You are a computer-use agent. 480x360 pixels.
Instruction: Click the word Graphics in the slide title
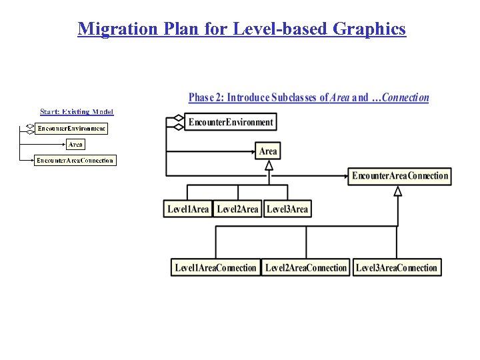point(369,29)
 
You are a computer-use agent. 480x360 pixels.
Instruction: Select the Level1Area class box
point(188,209)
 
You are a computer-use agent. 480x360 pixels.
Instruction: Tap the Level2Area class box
point(237,209)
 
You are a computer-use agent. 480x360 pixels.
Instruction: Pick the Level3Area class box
point(287,209)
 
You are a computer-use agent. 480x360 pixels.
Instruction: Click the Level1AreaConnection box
point(215,268)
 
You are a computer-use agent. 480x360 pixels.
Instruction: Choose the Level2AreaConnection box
point(306,268)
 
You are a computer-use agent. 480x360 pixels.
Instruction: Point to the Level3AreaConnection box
point(397,268)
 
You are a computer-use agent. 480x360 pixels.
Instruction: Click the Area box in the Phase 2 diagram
point(268,151)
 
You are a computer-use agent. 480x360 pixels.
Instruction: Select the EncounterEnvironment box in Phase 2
point(231,122)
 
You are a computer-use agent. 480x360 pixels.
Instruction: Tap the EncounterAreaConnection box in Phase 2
point(400,176)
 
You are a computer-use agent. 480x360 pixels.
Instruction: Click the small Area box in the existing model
point(76,144)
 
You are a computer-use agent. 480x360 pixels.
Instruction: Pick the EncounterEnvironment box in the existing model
point(71,128)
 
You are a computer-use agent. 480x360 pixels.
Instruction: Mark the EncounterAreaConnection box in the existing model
point(75,160)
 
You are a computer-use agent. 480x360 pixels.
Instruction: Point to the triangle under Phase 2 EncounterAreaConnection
point(398,191)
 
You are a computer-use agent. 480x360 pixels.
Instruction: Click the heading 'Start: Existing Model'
point(77,112)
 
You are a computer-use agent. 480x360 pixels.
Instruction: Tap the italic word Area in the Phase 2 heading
point(340,98)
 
